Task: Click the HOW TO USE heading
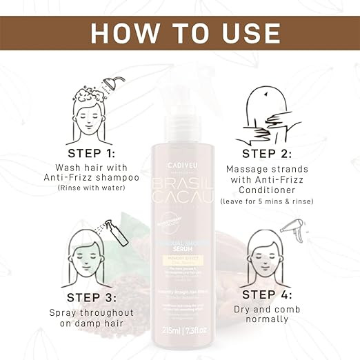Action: coord(179,32)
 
